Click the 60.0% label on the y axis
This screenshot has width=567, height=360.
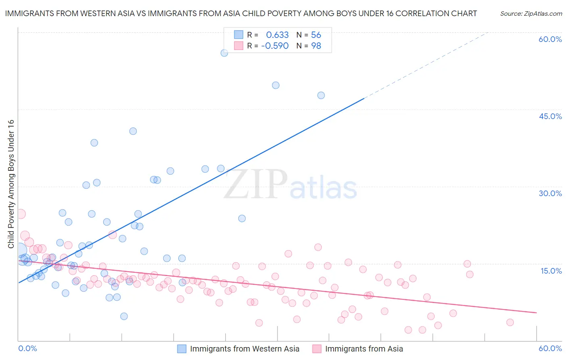(x=550, y=39)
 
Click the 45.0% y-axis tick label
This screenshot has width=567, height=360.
(x=550, y=116)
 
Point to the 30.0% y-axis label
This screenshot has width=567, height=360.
(x=550, y=193)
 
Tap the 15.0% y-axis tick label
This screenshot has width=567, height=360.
(x=551, y=271)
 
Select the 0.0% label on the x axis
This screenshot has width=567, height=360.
(x=27, y=348)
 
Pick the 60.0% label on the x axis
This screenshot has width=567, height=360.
(x=550, y=348)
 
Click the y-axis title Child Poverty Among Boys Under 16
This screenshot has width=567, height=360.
(x=11, y=184)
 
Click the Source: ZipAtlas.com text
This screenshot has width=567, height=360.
(x=531, y=14)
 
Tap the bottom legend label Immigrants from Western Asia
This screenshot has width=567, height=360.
(x=244, y=349)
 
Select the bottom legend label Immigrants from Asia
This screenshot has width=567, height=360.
(x=364, y=349)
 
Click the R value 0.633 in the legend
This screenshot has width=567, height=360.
(x=277, y=35)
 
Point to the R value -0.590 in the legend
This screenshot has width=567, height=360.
(x=275, y=46)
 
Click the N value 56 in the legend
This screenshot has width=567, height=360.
(x=316, y=35)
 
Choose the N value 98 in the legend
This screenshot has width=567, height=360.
(x=316, y=46)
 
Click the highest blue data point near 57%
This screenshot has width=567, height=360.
(x=224, y=53)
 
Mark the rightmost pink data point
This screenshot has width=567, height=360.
(x=510, y=322)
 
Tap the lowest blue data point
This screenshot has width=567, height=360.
(x=124, y=316)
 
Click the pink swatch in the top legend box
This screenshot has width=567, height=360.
(x=239, y=46)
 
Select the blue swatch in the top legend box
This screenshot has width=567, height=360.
(x=239, y=35)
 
